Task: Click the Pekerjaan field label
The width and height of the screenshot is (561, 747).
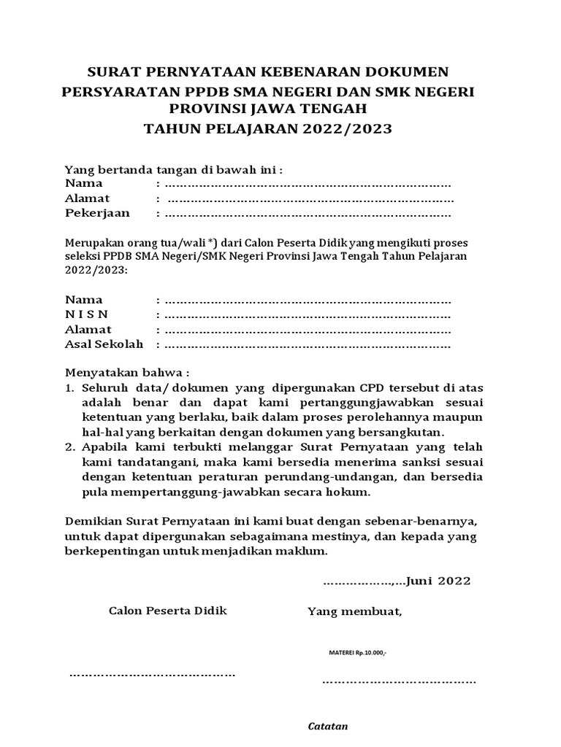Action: (97, 213)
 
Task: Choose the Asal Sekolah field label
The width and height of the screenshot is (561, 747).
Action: (104, 344)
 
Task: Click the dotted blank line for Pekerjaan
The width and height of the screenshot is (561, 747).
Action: (307, 214)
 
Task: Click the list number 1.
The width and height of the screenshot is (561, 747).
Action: (70, 387)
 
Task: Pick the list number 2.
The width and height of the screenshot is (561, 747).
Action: (70, 448)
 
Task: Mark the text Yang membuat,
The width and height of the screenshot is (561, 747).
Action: (355, 611)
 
